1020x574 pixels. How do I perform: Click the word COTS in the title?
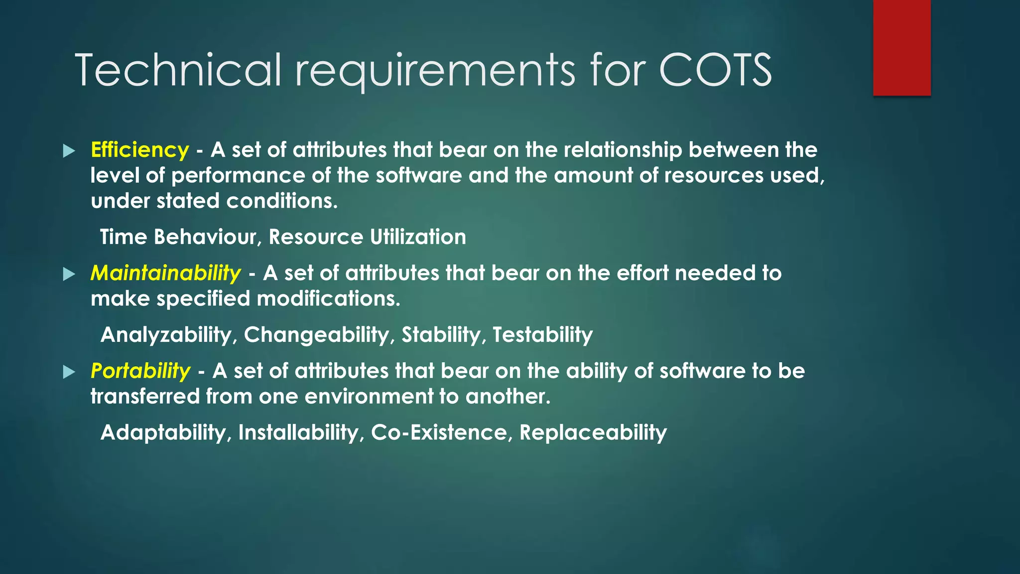click(x=715, y=71)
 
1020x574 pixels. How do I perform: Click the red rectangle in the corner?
click(x=901, y=48)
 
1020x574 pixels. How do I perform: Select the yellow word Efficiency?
click(x=140, y=150)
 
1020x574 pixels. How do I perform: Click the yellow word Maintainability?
click(x=166, y=273)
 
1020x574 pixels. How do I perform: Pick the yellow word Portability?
click(x=140, y=371)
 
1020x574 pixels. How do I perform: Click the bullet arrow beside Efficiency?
click(x=69, y=151)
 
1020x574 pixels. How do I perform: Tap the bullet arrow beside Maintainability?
click(x=69, y=274)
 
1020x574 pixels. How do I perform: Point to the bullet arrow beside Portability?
click(x=69, y=372)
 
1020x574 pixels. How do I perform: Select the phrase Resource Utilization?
click(x=367, y=237)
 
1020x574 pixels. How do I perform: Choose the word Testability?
click(x=542, y=334)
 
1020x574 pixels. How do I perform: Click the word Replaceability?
click(x=593, y=432)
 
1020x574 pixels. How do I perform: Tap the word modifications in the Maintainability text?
click(x=328, y=298)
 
